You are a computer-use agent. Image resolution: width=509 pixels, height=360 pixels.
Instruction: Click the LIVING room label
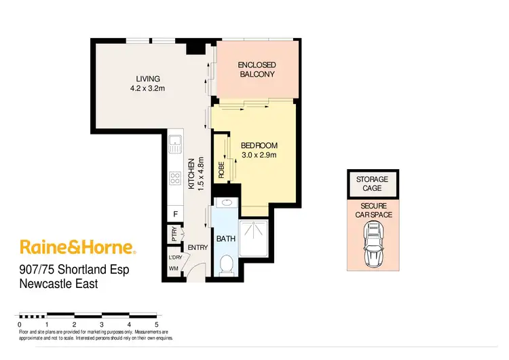(x=147, y=79)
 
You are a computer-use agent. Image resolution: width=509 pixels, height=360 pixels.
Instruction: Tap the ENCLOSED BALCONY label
(x=257, y=69)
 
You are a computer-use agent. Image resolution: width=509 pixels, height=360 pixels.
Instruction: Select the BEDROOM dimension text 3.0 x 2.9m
(x=259, y=156)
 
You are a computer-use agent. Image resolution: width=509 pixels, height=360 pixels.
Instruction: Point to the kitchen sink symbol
(x=174, y=144)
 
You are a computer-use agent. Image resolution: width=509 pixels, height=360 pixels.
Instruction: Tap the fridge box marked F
(x=175, y=215)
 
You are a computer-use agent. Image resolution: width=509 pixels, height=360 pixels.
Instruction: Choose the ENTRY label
(x=197, y=248)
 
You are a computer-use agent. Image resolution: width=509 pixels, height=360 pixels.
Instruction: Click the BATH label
(x=225, y=239)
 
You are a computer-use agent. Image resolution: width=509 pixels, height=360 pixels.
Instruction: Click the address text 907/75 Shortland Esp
(x=74, y=270)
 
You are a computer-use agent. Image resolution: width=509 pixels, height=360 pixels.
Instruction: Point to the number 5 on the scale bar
(x=157, y=325)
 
